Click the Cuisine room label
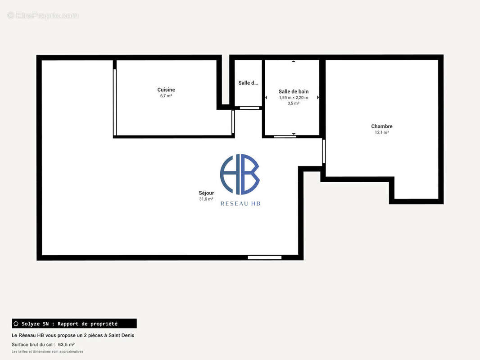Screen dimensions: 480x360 tap(166, 90)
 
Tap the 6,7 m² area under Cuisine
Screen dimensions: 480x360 tap(166, 96)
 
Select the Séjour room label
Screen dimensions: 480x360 tap(206, 193)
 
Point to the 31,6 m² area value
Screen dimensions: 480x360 tap(206, 199)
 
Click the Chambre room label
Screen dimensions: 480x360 tap(382, 126)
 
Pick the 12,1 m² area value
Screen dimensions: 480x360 tap(382, 132)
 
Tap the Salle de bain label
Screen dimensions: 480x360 tap(294, 91)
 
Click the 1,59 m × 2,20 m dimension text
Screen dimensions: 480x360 tap(294, 98)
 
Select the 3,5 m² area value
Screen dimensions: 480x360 tap(294, 103)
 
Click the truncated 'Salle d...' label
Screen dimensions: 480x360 tap(248, 83)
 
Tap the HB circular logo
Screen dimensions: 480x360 tap(240, 174)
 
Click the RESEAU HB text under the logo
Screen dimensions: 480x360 tap(240, 204)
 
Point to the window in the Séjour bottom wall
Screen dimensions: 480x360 tap(264, 257)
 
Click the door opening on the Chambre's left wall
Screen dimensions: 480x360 tap(324, 151)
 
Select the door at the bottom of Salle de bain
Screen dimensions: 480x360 tap(285, 136)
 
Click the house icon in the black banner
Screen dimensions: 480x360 tap(16, 323)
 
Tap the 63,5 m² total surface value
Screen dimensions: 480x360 tap(67, 344)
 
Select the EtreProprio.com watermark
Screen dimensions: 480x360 tap(43, 15)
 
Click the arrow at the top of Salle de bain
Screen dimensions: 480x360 tap(293, 62)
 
